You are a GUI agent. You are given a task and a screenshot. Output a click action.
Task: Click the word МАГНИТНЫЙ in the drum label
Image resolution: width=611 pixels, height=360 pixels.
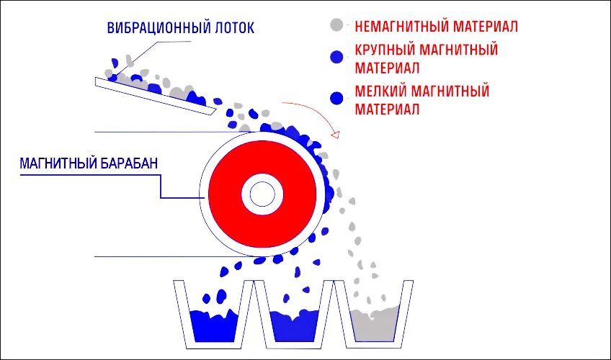pyautogui.click(x=58, y=164)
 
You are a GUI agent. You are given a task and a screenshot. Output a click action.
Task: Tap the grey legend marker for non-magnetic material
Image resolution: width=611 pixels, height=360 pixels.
pyautogui.click(x=335, y=25)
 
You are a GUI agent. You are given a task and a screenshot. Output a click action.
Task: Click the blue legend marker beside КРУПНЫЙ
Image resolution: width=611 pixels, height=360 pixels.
pyautogui.click(x=335, y=58)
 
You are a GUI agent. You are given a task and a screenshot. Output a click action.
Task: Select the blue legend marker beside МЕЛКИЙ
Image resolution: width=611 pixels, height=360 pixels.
pyautogui.click(x=335, y=98)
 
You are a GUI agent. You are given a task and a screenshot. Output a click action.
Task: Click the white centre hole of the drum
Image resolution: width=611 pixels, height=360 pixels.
pyautogui.click(x=262, y=194)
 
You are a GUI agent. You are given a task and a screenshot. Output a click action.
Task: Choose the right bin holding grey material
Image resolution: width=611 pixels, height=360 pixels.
pyautogui.click(x=375, y=320)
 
